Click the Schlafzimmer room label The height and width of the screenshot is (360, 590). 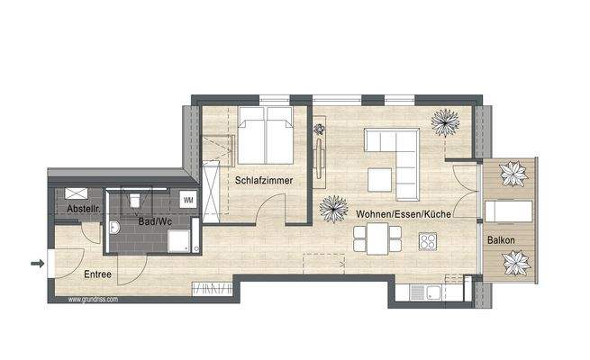pos(264,179)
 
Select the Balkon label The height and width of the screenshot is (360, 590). pos(502,240)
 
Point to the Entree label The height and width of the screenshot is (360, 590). pos(97,274)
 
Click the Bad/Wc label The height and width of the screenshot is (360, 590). pos(157,220)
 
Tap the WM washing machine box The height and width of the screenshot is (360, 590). pos(189,198)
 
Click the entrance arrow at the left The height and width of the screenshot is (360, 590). pos(37,264)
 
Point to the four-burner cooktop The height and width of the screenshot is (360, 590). pos(426,241)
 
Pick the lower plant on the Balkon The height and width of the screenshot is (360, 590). pos(515,262)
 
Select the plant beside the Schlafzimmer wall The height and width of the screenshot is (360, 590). pos(333,211)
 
